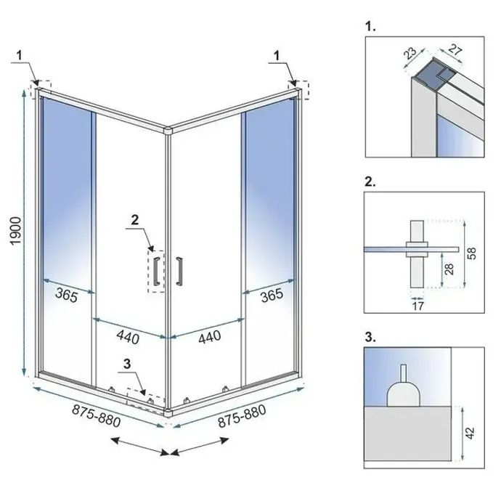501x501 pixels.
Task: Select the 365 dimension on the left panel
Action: click(x=68, y=295)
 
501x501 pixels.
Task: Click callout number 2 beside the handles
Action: click(x=134, y=219)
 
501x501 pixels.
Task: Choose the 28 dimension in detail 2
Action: click(x=450, y=270)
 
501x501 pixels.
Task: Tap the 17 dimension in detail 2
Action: click(x=417, y=306)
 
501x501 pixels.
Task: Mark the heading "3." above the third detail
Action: click(x=370, y=336)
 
